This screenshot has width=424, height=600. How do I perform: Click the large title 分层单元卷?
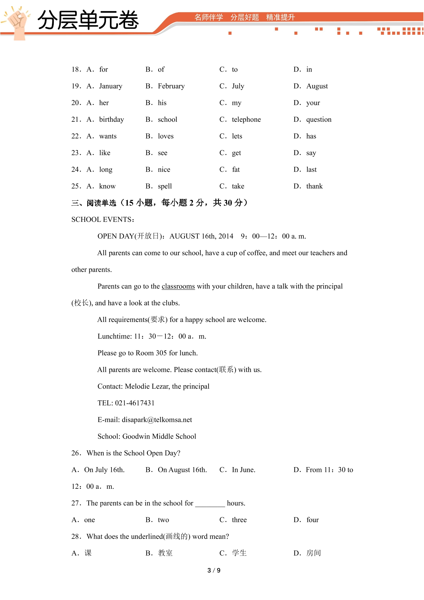(x=88, y=20)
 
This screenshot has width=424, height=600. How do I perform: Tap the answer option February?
(x=171, y=86)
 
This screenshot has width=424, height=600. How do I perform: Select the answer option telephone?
(x=246, y=119)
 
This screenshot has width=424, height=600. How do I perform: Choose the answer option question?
(x=319, y=119)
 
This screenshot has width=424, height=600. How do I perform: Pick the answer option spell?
(x=165, y=186)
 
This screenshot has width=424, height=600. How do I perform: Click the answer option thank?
(x=314, y=186)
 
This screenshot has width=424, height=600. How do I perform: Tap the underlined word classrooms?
(x=178, y=286)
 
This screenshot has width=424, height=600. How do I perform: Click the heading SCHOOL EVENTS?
(x=103, y=220)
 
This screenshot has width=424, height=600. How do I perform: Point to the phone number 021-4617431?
(x=134, y=403)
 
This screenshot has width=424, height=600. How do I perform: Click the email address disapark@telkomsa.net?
(x=157, y=420)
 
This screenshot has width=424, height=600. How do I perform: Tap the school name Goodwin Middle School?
(x=159, y=436)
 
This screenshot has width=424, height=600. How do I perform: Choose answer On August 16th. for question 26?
(x=182, y=470)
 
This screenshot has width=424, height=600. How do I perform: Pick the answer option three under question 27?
(x=239, y=520)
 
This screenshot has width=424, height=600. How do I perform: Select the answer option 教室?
(x=165, y=553)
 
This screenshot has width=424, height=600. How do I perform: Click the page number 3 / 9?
(x=214, y=570)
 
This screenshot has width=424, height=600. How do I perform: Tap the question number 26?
(x=76, y=453)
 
